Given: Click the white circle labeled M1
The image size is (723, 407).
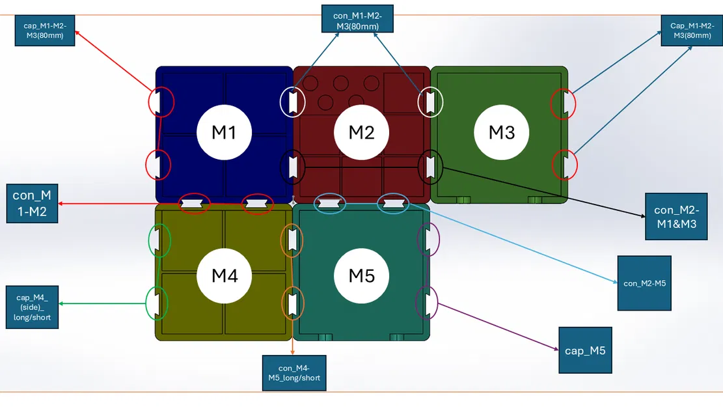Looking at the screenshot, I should point(224,132).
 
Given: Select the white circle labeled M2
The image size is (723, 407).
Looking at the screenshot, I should point(361,132).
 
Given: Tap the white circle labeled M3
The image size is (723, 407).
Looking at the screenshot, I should point(502,132).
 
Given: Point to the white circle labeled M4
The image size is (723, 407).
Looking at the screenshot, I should point(225,275).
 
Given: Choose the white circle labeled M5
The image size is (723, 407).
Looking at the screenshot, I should point(361,275).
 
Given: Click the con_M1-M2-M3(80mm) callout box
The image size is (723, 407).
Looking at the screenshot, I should point(358,18).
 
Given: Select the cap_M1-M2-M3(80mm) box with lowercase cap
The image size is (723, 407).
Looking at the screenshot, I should point(45,31).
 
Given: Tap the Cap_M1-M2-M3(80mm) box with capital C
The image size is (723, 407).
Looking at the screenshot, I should point(690,31).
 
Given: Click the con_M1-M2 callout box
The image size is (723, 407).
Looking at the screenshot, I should point(33,203).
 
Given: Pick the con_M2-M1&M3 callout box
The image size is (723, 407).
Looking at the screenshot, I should point(676,216).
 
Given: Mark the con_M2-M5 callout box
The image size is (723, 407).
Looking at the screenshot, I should point(644,283).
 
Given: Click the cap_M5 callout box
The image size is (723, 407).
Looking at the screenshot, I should point(585,350).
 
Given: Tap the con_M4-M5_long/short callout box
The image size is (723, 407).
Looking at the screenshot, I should point(293,373).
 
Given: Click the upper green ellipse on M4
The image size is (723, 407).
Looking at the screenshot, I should point(159,240).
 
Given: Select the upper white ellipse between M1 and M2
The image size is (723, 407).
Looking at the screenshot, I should point(292,102).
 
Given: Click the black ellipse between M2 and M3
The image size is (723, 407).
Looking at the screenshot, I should point(430,167).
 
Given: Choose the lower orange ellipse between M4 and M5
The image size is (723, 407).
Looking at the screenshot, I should point(292,303).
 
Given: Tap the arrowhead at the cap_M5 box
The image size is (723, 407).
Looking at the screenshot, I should point(557,350).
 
